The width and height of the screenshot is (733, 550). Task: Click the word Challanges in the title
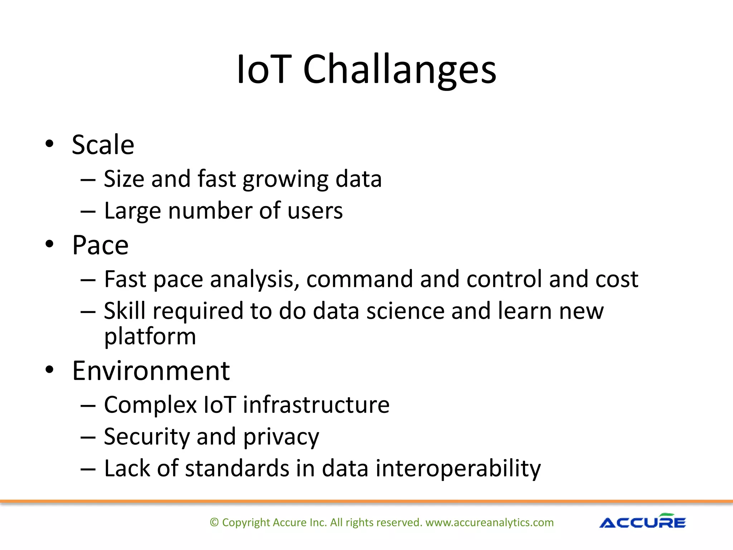(x=399, y=70)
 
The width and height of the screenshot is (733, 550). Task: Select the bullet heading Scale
(x=103, y=145)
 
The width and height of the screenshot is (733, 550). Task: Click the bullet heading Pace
(x=100, y=246)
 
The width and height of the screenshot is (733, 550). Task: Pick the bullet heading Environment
(x=151, y=371)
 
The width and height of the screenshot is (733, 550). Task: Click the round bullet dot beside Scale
(x=49, y=144)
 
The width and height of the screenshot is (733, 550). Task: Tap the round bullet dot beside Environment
(x=49, y=370)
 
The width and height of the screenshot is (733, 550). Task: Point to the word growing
(x=285, y=180)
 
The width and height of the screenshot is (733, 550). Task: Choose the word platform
(x=150, y=337)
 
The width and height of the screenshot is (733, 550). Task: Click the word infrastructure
(x=316, y=405)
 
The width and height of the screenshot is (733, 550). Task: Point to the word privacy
(x=281, y=438)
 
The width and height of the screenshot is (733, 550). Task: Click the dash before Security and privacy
(x=88, y=438)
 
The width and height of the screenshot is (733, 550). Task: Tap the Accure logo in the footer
(x=642, y=522)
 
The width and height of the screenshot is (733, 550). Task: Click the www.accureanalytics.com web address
(x=489, y=522)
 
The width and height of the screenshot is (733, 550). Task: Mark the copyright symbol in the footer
(x=214, y=522)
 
